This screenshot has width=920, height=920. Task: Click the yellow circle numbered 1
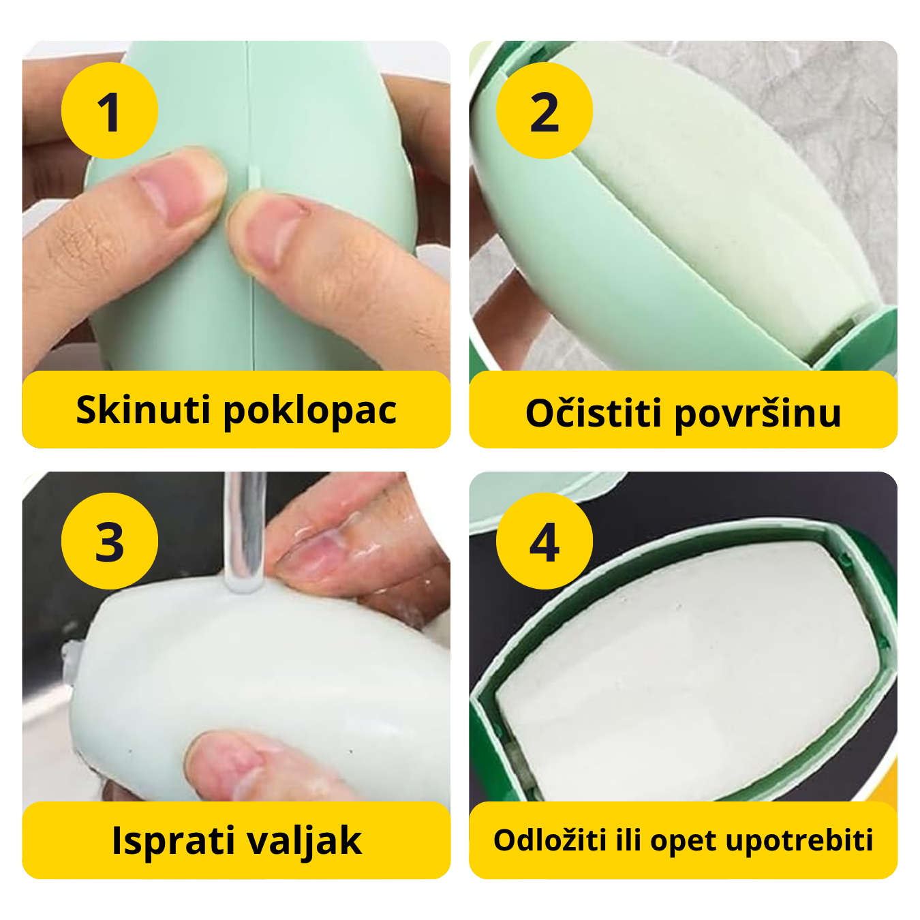(x=109, y=111)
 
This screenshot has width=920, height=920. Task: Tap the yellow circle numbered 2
(x=544, y=111)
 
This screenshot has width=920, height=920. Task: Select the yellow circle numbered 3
(x=109, y=541)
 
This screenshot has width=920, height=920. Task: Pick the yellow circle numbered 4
(x=544, y=541)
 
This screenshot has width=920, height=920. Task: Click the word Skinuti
(x=143, y=410)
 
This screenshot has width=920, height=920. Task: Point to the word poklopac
(x=310, y=411)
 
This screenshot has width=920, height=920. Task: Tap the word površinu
(x=758, y=414)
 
